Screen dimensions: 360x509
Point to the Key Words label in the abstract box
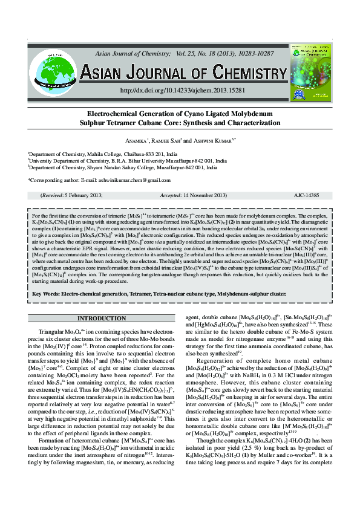tap(49, 293)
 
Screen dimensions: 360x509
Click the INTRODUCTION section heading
tap(102, 318)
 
